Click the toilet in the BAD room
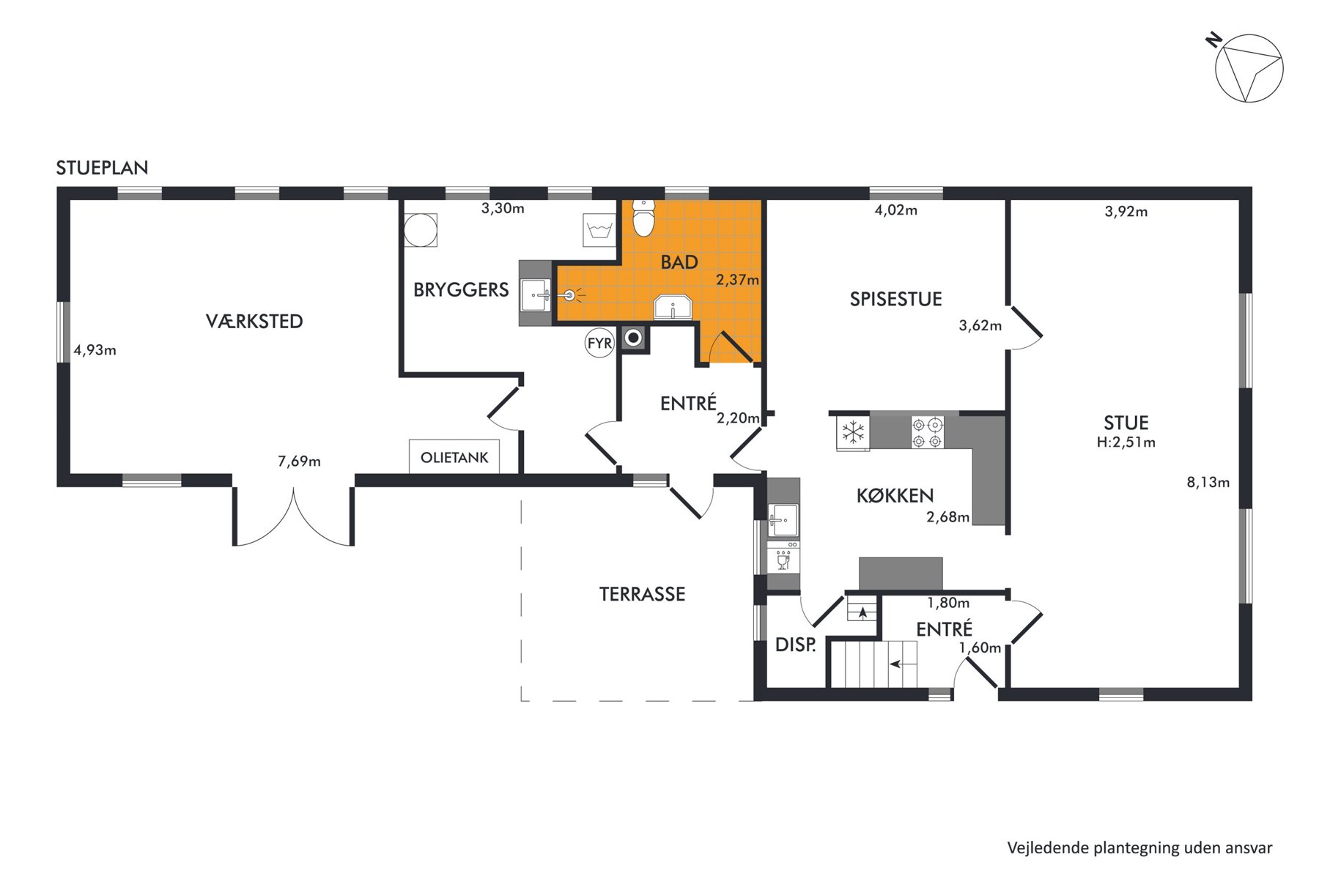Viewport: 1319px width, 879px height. coord(643,218)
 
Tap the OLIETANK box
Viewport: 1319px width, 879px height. coord(454,456)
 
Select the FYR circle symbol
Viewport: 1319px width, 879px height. coord(599,343)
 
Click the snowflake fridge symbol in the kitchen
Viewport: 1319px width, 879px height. coord(853,432)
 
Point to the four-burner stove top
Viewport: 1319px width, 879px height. coord(927,432)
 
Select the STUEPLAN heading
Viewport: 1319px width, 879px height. coord(102,168)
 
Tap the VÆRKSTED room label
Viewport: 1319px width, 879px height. coord(254,321)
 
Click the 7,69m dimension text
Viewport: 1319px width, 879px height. coord(299,461)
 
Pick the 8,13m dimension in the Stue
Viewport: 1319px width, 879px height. coord(1208,482)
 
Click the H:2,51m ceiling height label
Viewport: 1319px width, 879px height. coord(1126,442)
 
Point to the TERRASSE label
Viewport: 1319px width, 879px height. coord(643,594)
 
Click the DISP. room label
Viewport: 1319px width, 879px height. coord(796,645)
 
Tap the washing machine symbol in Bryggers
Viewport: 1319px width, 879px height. coord(599,230)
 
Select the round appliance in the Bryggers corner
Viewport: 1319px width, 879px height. coord(421,230)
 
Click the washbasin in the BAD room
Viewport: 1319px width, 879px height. coord(673,308)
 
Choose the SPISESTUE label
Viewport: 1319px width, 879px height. coord(895,299)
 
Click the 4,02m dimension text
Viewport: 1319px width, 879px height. coord(895,210)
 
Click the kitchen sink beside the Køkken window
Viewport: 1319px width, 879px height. coord(783,520)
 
